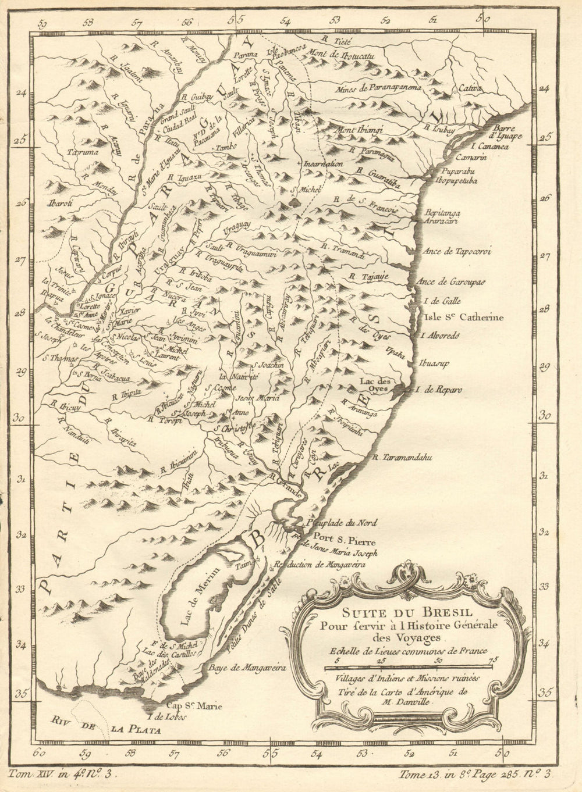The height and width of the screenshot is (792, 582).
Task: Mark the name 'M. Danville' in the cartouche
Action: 404,701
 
